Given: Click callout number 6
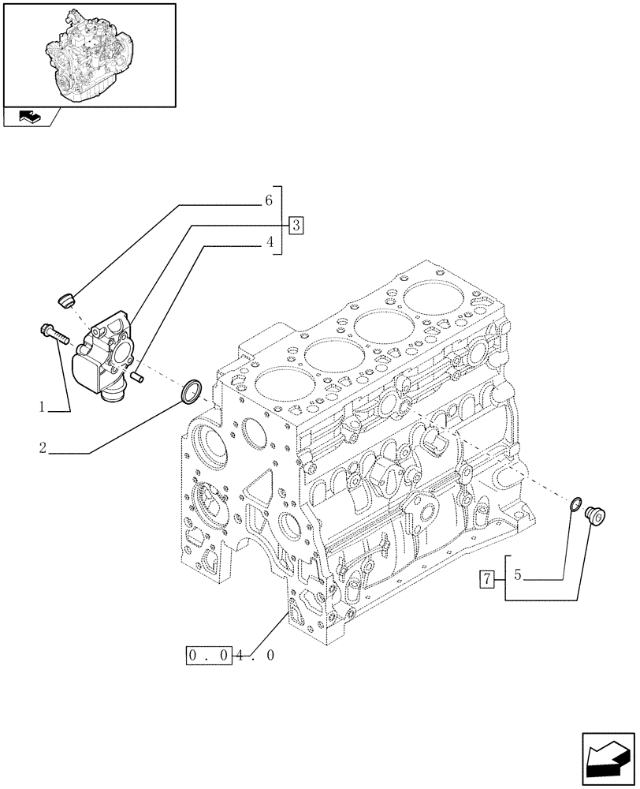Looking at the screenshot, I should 269,200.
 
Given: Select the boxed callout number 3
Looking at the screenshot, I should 296,225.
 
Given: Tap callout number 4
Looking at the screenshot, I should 269,244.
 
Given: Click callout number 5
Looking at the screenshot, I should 518,575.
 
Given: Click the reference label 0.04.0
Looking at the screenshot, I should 231,654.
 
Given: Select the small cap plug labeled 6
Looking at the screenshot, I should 67,299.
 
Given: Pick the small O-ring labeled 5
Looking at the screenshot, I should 575,504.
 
